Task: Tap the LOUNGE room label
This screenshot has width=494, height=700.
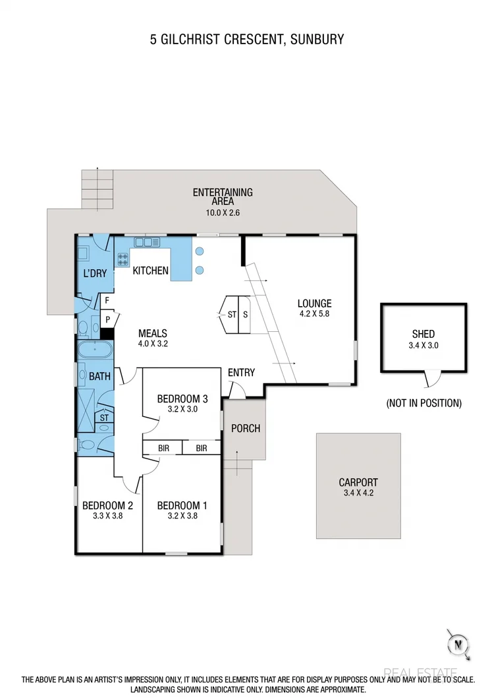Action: click(314, 303)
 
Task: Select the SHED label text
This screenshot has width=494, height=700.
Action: click(424, 334)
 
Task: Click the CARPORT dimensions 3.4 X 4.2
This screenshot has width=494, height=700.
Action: click(358, 493)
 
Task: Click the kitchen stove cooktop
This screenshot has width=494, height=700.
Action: click(123, 259)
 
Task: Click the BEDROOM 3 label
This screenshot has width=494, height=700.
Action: click(182, 398)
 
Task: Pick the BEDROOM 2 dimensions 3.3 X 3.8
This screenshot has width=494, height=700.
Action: click(107, 517)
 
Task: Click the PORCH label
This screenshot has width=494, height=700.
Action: click(245, 428)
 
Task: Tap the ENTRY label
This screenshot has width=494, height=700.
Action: click(241, 373)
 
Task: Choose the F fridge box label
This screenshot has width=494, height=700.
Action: click(107, 301)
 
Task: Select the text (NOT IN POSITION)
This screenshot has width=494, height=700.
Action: click(424, 402)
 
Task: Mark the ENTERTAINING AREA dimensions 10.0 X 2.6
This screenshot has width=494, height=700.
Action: click(223, 213)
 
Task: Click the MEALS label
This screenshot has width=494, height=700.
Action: click(153, 333)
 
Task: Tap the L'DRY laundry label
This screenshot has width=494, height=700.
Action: click(95, 273)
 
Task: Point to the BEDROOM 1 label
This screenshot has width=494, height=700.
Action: click(182, 506)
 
